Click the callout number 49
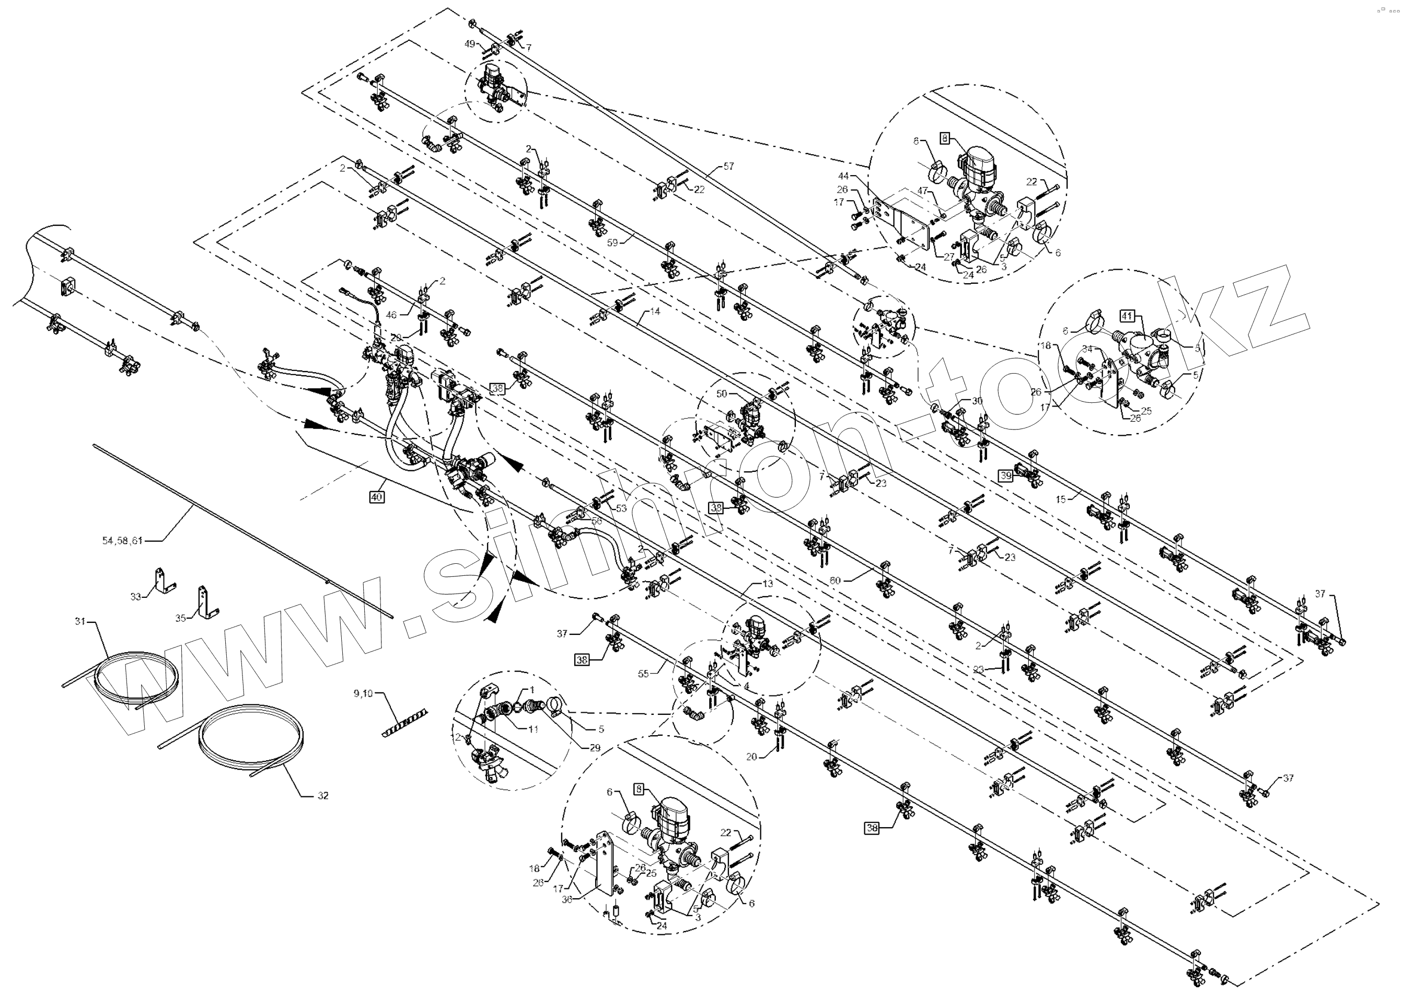click(470, 43)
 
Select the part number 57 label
click(728, 166)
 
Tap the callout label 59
click(612, 242)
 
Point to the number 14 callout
click(655, 311)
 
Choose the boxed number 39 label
click(1005, 475)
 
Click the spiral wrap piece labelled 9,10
click(405, 724)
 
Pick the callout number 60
click(836, 580)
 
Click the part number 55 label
click(643, 674)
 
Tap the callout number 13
click(768, 584)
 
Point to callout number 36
click(567, 899)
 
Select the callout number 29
click(595, 748)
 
